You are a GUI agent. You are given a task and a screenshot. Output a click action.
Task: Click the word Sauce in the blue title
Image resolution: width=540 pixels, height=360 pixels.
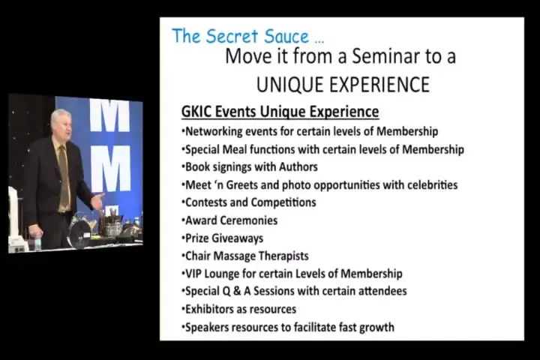(286, 36)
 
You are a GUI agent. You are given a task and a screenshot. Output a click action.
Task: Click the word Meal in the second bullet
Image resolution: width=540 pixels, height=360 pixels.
(234, 149)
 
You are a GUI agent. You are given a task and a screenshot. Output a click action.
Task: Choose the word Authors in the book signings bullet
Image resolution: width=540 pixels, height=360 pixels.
(298, 167)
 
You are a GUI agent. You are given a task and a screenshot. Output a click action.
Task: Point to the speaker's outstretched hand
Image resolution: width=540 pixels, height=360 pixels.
(97, 201)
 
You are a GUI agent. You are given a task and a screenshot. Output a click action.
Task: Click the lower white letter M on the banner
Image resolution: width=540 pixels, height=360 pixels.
(111, 168)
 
